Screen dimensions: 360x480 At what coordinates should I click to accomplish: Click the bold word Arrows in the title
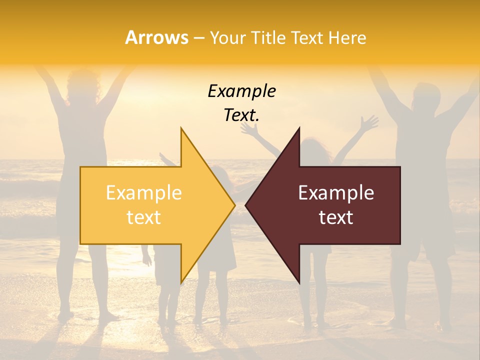[x=157, y=37]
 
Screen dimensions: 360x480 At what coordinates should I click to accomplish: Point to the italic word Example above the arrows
[x=241, y=91]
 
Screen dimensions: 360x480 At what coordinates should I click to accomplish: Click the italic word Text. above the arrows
[x=241, y=115]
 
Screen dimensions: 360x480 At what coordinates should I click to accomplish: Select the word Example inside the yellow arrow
[x=144, y=193]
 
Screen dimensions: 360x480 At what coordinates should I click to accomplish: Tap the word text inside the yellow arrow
[x=144, y=217]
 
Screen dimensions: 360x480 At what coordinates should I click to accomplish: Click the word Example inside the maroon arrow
[x=336, y=193]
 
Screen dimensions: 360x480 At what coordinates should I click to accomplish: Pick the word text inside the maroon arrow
[x=336, y=217]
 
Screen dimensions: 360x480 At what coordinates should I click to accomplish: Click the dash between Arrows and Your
[x=198, y=38]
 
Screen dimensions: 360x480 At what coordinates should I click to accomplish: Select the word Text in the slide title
[x=306, y=37]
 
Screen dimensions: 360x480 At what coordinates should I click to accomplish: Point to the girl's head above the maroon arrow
[x=315, y=147]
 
